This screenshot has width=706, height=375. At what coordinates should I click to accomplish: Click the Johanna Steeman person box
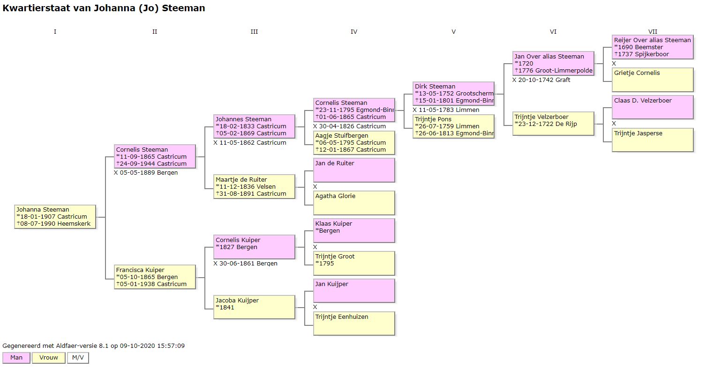[x=55, y=217]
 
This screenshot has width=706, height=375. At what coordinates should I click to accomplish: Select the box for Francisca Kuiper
[x=155, y=277]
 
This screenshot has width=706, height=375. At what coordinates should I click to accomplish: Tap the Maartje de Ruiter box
[x=254, y=186]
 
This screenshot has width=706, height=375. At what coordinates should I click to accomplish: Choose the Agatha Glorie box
[x=354, y=203]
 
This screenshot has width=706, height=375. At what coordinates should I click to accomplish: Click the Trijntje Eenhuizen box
[x=354, y=324]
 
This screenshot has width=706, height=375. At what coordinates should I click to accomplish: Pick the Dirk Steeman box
[x=453, y=94]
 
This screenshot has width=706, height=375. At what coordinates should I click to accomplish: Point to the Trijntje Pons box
[x=453, y=126]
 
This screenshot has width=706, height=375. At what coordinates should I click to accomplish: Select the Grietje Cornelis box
[x=652, y=80]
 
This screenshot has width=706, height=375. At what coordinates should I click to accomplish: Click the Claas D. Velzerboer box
[x=652, y=107]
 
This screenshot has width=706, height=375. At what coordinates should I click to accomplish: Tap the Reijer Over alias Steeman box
[x=652, y=47]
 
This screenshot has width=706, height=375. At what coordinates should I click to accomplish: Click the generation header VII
[x=653, y=32]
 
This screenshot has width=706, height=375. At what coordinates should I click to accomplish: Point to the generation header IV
[x=354, y=32]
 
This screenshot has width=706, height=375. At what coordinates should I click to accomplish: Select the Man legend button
[x=16, y=358]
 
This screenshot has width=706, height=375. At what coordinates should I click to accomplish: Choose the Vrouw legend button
[x=49, y=358]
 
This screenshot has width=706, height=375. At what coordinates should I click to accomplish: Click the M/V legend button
[x=78, y=358]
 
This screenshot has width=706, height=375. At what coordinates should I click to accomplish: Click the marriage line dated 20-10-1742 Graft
[x=541, y=80]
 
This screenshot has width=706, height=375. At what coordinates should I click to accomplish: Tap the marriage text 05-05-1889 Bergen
[x=146, y=172]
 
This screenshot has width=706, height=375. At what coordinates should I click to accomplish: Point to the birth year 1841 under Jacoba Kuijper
[x=225, y=308]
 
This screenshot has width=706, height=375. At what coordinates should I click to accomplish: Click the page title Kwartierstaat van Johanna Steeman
[x=104, y=8]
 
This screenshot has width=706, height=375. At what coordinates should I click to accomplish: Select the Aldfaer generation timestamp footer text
[x=94, y=346]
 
